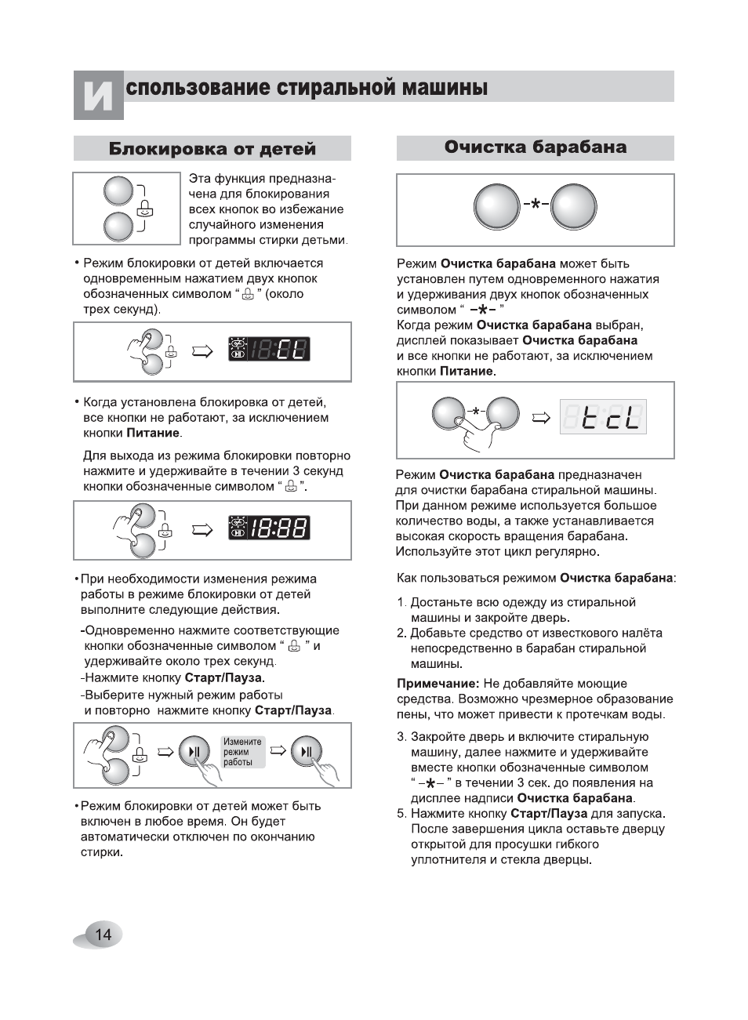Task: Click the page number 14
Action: pos(103,935)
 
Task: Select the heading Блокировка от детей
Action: pos(212,149)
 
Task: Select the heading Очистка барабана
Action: pos(535,147)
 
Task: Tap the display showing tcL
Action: pos(602,417)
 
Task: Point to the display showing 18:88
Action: pos(269,528)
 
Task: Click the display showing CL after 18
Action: pos(269,349)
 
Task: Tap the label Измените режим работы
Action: pos(242,752)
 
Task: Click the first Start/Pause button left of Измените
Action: pos(194,752)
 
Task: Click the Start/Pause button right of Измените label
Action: pos(306,752)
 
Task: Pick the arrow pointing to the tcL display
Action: pos(541,418)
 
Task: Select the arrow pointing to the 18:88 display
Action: pos(202,530)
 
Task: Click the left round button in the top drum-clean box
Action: pos(496,207)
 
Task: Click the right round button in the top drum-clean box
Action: pos(573,207)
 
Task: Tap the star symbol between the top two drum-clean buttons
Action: pos(535,205)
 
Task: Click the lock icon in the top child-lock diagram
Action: pos(145,209)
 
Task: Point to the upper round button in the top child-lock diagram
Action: pos(118,191)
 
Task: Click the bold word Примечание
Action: pos(438,684)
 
